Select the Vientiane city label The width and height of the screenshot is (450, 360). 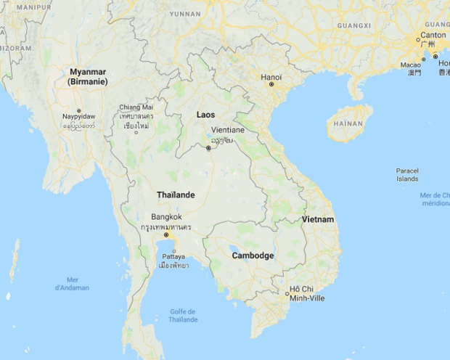(x=227, y=130)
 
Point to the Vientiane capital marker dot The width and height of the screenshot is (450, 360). (x=208, y=148)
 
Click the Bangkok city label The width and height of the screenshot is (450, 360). (x=166, y=216)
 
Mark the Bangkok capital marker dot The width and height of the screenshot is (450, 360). (x=166, y=235)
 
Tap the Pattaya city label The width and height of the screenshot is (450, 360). (x=173, y=256)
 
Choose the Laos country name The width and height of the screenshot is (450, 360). (x=205, y=115)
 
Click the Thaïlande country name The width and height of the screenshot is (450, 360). (x=176, y=195)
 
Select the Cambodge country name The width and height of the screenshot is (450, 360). (x=253, y=255)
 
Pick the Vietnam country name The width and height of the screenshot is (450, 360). (x=318, y=219)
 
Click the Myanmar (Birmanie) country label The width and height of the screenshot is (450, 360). (x=88, y=77)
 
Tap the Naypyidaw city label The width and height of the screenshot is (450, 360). (x=78, y=116)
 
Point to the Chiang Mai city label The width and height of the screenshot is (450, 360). (x=136, y=107)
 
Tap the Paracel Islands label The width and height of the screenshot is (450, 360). (x=407, y=174)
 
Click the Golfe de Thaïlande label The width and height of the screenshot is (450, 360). (x=184, y=316)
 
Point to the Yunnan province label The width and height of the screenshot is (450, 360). (x=184, y=14)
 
